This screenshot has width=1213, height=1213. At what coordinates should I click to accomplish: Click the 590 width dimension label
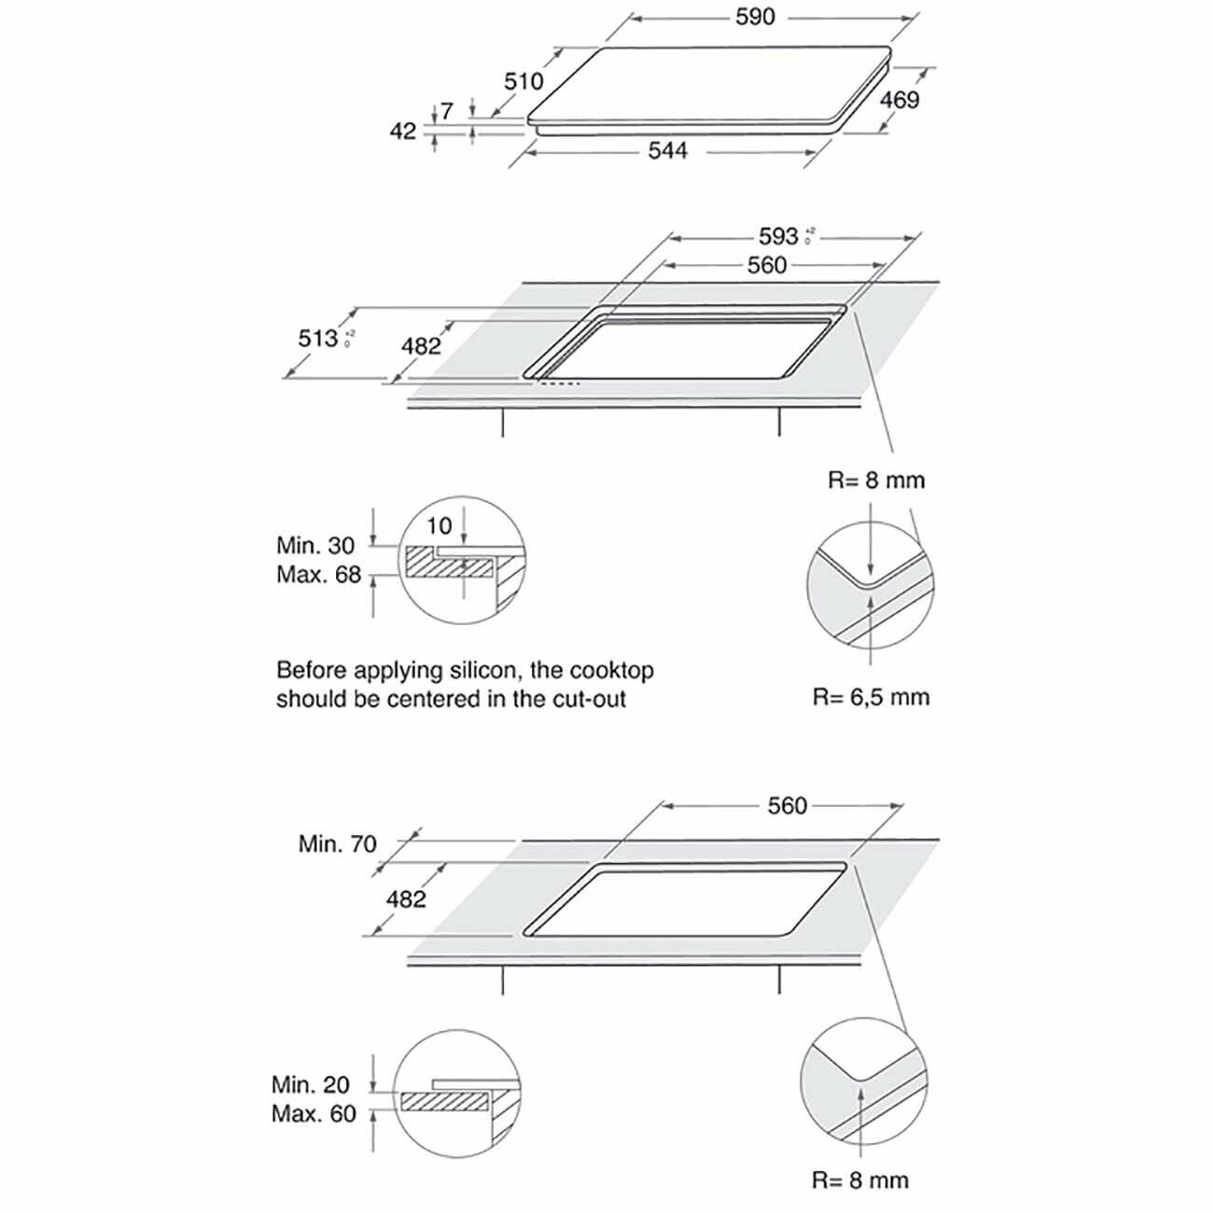point(755,17)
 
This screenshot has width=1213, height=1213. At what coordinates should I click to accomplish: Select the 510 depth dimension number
point(523,82)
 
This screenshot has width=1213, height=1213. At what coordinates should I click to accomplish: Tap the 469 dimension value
point(899,99)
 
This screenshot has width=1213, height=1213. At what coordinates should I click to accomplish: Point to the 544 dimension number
point(668,150)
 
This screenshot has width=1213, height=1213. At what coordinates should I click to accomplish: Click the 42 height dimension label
point(402,132)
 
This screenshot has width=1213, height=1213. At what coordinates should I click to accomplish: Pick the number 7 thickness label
point(447,111)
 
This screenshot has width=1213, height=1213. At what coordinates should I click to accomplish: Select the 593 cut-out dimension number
point(778,236)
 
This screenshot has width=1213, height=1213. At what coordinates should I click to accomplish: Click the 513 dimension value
point(317,337)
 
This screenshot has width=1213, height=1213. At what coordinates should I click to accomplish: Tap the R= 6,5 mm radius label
point(871,697)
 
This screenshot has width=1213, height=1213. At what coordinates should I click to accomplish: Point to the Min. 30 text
point(315,545)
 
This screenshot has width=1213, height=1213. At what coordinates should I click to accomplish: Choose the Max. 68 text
point(318,575)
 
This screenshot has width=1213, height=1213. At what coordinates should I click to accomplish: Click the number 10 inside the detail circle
point(439,526)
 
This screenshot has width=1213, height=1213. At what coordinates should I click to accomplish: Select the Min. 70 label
point(337,844)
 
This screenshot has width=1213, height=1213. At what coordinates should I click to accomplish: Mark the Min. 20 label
point(311,1084)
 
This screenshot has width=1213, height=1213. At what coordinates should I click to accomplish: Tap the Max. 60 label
point(314,1114)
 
